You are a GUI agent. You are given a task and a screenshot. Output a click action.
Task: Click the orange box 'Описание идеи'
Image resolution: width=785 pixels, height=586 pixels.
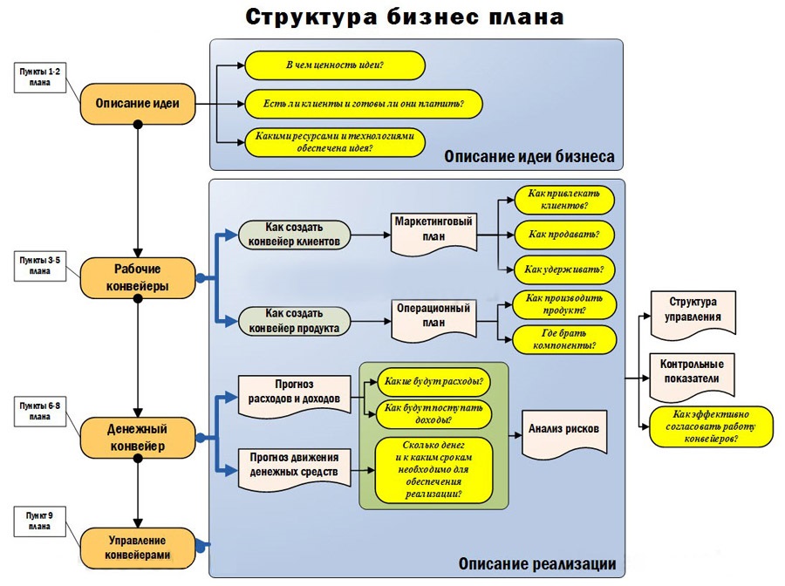point(137,104)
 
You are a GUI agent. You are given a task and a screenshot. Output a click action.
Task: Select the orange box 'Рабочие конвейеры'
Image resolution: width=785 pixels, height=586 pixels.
point(137,277)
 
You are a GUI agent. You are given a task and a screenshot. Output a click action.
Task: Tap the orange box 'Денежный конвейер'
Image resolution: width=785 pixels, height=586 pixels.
point(137,438)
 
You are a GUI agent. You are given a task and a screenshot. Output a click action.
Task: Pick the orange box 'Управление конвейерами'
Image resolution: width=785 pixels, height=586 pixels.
point(137,547)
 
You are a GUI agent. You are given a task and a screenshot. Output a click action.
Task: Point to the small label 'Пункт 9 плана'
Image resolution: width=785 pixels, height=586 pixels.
point(40,521)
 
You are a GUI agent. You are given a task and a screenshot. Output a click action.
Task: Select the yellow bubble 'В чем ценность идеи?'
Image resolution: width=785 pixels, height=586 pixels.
point(335,66)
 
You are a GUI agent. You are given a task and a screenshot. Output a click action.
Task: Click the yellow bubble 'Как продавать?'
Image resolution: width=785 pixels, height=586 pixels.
point(564,235)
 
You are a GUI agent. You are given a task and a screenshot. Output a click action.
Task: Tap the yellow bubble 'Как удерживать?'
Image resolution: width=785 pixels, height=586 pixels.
point(564,269)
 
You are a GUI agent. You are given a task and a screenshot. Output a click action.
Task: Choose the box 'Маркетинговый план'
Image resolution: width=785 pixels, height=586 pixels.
point(433,230)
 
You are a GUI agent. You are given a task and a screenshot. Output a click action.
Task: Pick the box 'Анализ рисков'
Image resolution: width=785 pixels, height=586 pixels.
point(563,430)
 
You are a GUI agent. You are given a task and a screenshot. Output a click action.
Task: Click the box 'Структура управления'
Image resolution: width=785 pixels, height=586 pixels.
point(693,310)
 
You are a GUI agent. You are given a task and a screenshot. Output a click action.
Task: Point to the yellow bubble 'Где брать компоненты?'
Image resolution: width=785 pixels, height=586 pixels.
point(564,338)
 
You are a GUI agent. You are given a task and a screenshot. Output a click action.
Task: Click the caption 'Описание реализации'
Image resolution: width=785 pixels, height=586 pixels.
point(537,564)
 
